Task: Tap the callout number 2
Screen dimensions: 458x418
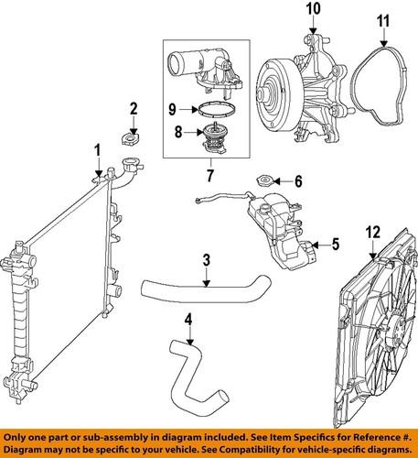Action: coord(133,111)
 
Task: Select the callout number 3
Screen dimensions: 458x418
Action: coord(207,261)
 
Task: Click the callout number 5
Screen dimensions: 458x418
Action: coord(334,245)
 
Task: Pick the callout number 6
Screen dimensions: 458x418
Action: coord(297,181)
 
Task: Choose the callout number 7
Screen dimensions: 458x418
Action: coord(209,174)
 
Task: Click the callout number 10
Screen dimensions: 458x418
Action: coord(313,11)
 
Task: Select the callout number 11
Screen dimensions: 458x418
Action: coord(383,19)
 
